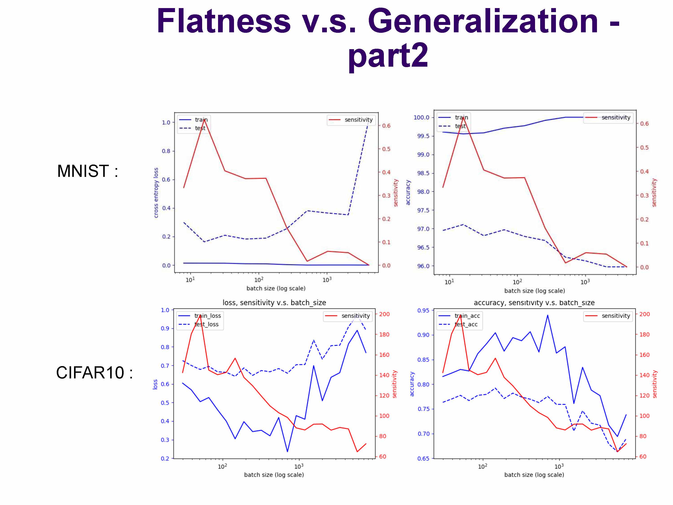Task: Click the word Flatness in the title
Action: pos(224,21)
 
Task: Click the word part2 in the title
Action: pos(388,55)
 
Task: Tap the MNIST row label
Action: pos(87,171)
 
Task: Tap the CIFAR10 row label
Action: pos(94,373)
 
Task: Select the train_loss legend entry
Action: pos(207,316)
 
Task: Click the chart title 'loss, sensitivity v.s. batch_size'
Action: pos(274,303)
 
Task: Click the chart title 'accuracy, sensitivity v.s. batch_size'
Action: pos(534,303)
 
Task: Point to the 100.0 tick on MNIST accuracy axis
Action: pos(421,118)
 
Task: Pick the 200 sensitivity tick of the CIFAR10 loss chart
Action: pos(384,314)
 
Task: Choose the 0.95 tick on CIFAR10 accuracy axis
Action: pos(423,310)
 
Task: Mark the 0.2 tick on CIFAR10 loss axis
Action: pos(165,458)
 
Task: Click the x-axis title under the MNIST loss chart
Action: pos(276,288)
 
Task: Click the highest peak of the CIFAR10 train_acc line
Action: pos(548,315)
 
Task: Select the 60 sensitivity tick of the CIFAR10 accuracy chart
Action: pos(642,457)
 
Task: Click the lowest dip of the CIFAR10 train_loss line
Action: pos(287,451)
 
